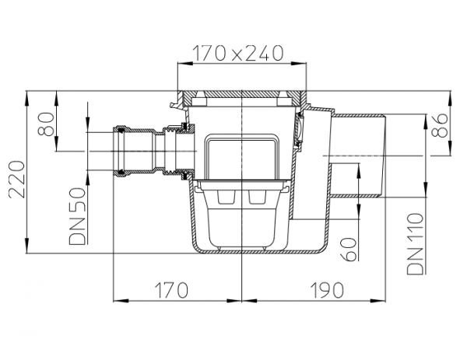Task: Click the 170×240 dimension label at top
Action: point(237,54)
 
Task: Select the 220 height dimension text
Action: point(16,180)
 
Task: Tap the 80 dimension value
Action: point(47,124)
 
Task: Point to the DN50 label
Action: point(77,216)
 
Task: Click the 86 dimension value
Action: point(440,125)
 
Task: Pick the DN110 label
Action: point(415,243)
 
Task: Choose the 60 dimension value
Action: point(349,250)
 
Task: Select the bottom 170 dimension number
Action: point(172,290)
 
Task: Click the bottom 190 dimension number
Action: point(327,290)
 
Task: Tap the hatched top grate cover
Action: point(242,94)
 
